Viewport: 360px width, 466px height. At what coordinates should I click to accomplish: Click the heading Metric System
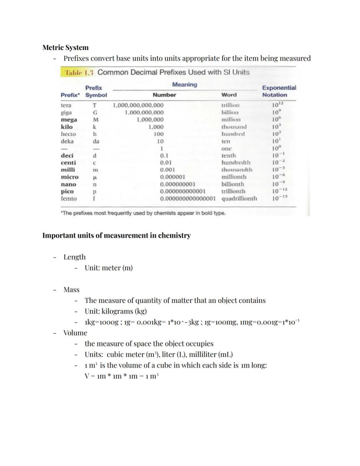point(65,47)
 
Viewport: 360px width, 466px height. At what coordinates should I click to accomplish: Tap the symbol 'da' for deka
point(95,141)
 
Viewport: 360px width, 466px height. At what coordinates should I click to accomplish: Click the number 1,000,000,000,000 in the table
point(138,105)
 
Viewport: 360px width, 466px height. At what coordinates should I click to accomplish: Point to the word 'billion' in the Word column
point(230,112)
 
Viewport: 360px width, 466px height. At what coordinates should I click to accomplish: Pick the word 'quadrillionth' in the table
point(239,198)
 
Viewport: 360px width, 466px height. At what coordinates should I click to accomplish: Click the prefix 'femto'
point(68,198)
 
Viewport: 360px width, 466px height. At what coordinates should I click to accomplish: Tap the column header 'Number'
point(164,95)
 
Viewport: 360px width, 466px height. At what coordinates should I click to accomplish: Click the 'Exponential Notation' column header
point(279,91)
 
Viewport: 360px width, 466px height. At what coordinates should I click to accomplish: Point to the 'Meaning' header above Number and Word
point(184,84)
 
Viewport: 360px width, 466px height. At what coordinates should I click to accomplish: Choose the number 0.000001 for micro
point(173,177)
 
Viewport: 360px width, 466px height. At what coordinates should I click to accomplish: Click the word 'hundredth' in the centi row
point(236,163)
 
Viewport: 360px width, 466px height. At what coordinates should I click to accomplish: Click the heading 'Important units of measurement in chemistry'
point(116,235)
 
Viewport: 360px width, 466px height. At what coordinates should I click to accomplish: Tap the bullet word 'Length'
point(74,257)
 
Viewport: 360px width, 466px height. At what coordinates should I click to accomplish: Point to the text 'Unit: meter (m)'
point(108,268)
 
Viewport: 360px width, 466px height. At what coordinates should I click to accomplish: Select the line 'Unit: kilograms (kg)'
point(116,311)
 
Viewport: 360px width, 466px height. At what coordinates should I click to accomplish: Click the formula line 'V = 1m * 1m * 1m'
point(121,375)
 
